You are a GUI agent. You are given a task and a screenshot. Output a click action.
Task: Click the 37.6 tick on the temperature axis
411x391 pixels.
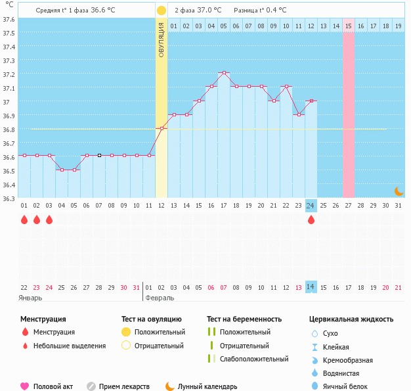coord(8,19)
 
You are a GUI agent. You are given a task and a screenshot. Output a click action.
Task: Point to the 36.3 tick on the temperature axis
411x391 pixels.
coord(8,198)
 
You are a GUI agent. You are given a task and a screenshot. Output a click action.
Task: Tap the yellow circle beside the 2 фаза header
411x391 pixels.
coord(162,11)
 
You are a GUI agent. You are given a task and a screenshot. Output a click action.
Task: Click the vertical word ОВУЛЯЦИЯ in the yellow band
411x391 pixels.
coord(162,39)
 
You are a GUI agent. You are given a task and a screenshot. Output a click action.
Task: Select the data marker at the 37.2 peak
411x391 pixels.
coord(224,72)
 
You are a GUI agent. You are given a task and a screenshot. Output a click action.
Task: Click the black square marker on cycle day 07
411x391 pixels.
coord(99,155)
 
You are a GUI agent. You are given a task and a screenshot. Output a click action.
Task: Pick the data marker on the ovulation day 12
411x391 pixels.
coord(162,127)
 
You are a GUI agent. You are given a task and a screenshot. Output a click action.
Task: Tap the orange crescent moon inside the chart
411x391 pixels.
coord(399,191)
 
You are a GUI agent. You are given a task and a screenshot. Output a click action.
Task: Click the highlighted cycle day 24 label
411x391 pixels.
coord(311,206)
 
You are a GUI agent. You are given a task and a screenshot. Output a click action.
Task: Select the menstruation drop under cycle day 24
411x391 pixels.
coord(311,219)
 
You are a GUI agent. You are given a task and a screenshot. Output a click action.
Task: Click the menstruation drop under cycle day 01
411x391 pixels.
coord(24,219)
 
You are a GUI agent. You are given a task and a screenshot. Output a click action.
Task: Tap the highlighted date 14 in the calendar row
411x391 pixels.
coord(311,287)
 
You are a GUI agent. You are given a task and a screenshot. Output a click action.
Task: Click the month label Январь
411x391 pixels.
coord(31,298)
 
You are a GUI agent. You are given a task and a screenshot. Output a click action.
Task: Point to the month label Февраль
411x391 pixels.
coord(160,298)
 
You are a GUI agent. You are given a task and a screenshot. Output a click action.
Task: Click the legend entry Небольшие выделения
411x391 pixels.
coord(69,346)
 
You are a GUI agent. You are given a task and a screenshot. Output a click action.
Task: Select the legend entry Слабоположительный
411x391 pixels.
coord(254,359)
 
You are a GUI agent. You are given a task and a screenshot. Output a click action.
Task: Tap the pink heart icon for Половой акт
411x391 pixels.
coord(25,386)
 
